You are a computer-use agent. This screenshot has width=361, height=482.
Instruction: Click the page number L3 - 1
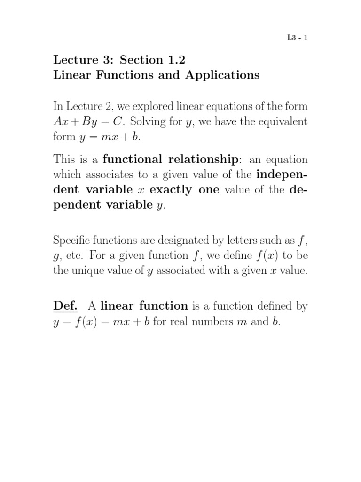coord(298,39)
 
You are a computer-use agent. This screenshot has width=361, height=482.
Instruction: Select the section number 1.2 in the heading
coord(182,60)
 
